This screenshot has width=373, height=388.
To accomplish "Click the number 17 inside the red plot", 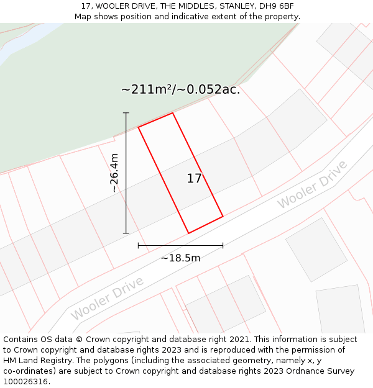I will click(x=194, y=179).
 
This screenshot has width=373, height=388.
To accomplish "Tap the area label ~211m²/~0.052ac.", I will click(x=180, y=89).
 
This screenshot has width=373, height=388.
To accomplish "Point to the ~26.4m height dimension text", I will click(x=114, y=173).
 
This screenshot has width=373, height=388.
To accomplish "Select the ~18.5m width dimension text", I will click(x=180, y=258).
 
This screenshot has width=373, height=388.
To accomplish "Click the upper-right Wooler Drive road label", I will click(x=312, y=184).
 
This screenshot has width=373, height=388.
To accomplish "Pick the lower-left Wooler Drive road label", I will click(x=107, y=299).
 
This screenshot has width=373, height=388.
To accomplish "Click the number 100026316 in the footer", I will click(x=25, y=382).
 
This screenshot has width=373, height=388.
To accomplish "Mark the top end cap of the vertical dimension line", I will click(x=126, y=113).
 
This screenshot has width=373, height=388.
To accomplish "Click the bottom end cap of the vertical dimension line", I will click(x=126, y=233).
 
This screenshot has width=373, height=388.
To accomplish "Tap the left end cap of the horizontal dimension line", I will click(x=138, y=246).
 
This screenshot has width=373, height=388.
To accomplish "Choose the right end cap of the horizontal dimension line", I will click(x=223, y=246).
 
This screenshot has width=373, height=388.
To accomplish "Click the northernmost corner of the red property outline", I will click(x=172, y=113).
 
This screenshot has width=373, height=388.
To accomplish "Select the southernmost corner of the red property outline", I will click(x=188, y=233).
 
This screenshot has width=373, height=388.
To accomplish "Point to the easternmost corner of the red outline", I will click(x=223, y=216).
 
